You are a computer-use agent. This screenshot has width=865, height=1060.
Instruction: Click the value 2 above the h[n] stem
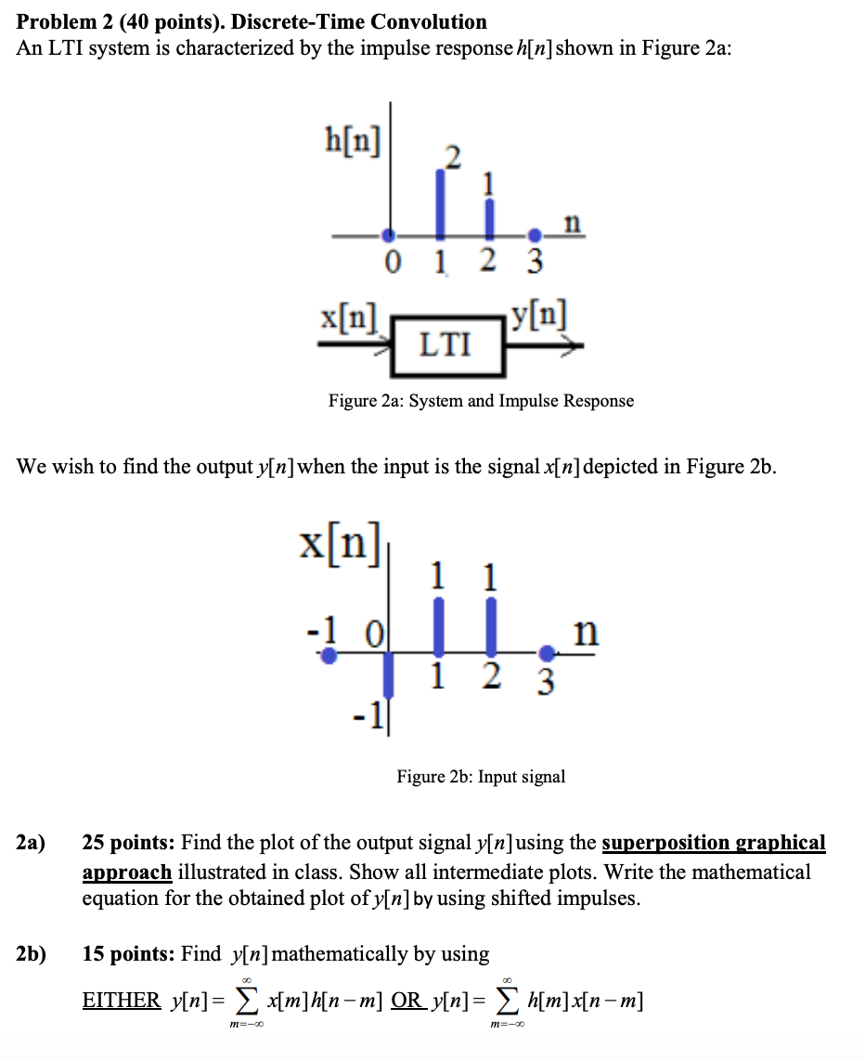point(451,158)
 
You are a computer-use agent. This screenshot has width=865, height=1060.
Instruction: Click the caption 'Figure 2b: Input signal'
point(481,776)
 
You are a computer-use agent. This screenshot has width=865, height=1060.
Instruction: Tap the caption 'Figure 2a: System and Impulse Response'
point(481,401)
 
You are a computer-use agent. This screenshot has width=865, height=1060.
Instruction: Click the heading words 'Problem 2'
point(61,21)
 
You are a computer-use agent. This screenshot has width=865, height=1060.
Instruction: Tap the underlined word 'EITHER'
point(121,1001)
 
